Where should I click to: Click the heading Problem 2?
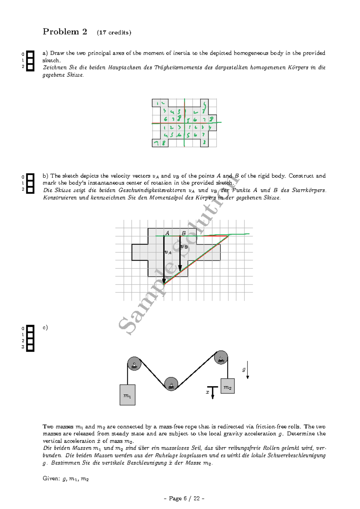(x=65, y=32)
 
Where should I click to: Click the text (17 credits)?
(x=114, y=33)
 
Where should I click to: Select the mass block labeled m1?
(x=127, y=395)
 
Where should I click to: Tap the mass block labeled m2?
(x=227, y=386)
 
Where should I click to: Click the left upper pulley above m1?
(x=134, y=364)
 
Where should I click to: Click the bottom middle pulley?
(x=171, y=384)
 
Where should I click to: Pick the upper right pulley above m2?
(x=221, y=357)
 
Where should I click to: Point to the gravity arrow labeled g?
(x=247, y=370)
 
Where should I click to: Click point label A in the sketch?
(x=167, y=233)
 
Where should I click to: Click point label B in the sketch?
(x=184, y=233)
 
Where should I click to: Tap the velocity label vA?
(x=168, y=252)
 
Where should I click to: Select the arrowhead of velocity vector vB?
(x=180, y=268)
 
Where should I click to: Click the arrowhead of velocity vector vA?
(x=164, y=281)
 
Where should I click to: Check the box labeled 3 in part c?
(x=30, y=348)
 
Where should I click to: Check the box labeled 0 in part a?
(x=30, y=54)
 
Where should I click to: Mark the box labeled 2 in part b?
(x=30, y=190)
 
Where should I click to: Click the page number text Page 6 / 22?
(x=184, y=498)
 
